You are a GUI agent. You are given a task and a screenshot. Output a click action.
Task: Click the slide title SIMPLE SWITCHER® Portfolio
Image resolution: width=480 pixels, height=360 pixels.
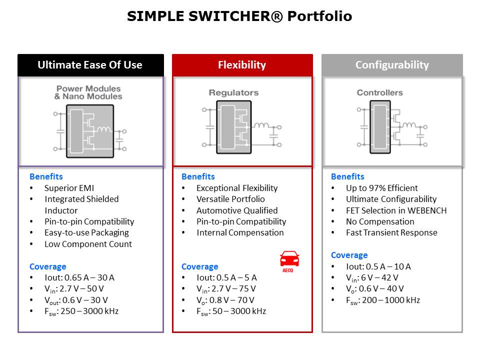click(x=239, y=16)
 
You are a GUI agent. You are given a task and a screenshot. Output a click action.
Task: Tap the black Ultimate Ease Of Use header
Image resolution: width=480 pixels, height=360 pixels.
click(x=90, y=65)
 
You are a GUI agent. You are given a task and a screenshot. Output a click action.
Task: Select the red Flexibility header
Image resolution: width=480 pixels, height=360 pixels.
click(x=242, y=65)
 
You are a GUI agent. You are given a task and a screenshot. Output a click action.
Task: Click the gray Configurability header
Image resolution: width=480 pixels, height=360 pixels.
click(x=392, y=65)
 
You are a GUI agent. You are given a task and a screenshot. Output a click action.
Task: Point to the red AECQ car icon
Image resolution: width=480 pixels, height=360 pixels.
click(x=289, y=261)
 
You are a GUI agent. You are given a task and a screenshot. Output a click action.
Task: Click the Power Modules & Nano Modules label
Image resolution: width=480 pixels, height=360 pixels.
click(x=88, y=92)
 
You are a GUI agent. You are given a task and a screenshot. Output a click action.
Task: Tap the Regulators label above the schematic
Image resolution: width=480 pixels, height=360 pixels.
click(x=233, y=92)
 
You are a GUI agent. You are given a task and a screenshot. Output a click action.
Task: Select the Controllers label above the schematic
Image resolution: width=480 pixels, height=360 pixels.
click(x=379, y=92)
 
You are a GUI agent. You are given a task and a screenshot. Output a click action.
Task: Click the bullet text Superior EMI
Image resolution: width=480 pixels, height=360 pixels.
click(x=69, y=188)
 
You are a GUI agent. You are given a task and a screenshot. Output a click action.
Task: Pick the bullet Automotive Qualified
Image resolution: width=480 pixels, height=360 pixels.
click(x=237, y=210)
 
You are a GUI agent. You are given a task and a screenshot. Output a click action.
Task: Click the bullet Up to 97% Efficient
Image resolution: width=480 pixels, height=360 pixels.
click(x=381, y=188)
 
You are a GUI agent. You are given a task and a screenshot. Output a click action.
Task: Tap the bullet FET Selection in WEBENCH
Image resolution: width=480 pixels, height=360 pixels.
click(x=396, y=210)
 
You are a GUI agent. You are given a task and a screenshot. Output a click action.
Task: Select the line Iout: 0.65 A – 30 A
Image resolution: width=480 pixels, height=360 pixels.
click(x=79, y=277)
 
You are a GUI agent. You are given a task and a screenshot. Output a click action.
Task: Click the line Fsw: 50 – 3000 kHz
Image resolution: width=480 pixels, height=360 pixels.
click(x=231, y=311)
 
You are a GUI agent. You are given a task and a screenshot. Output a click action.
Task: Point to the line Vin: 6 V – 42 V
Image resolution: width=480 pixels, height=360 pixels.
click(x=372, y=278)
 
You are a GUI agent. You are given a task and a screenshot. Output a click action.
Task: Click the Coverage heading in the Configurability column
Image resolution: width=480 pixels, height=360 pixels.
click(x=349, y=255)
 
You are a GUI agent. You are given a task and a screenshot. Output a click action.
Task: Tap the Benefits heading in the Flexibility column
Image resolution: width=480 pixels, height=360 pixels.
click(x=198, y=176)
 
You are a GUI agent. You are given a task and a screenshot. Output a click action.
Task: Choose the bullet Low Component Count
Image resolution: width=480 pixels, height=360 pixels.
click(x=88, y=244)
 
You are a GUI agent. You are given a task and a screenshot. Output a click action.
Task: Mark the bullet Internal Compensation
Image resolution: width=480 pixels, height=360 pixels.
click(x=240, y=232)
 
